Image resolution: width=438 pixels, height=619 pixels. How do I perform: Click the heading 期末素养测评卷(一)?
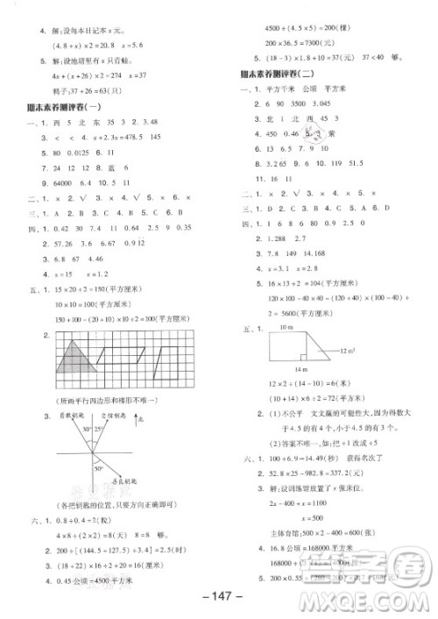point(64,106)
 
